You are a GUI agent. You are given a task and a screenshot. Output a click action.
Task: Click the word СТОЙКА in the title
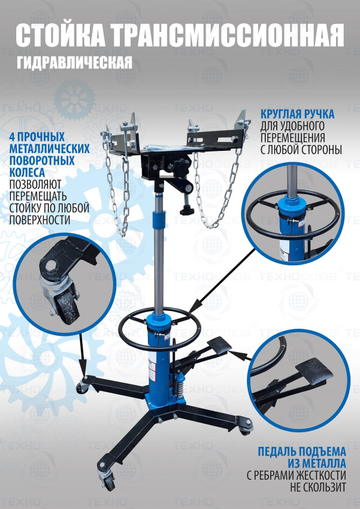tap(60, 35)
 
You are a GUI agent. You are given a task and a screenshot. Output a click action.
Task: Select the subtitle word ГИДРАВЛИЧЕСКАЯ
tap(75, 62)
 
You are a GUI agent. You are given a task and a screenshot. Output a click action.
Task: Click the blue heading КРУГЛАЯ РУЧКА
tap(297, 114)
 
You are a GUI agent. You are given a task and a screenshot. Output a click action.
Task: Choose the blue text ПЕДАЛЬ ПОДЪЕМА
tap(302, 452)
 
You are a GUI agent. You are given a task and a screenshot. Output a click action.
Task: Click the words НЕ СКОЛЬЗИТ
tap(318, 487)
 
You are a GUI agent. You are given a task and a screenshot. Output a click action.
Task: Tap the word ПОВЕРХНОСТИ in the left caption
tap(40, 220)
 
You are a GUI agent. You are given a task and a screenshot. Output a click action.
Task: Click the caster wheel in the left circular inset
tap(69, 306)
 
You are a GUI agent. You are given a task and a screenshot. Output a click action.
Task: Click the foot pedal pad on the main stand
tap(219, 345)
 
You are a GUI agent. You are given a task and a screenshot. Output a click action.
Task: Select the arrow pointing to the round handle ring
tap(223, 280)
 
